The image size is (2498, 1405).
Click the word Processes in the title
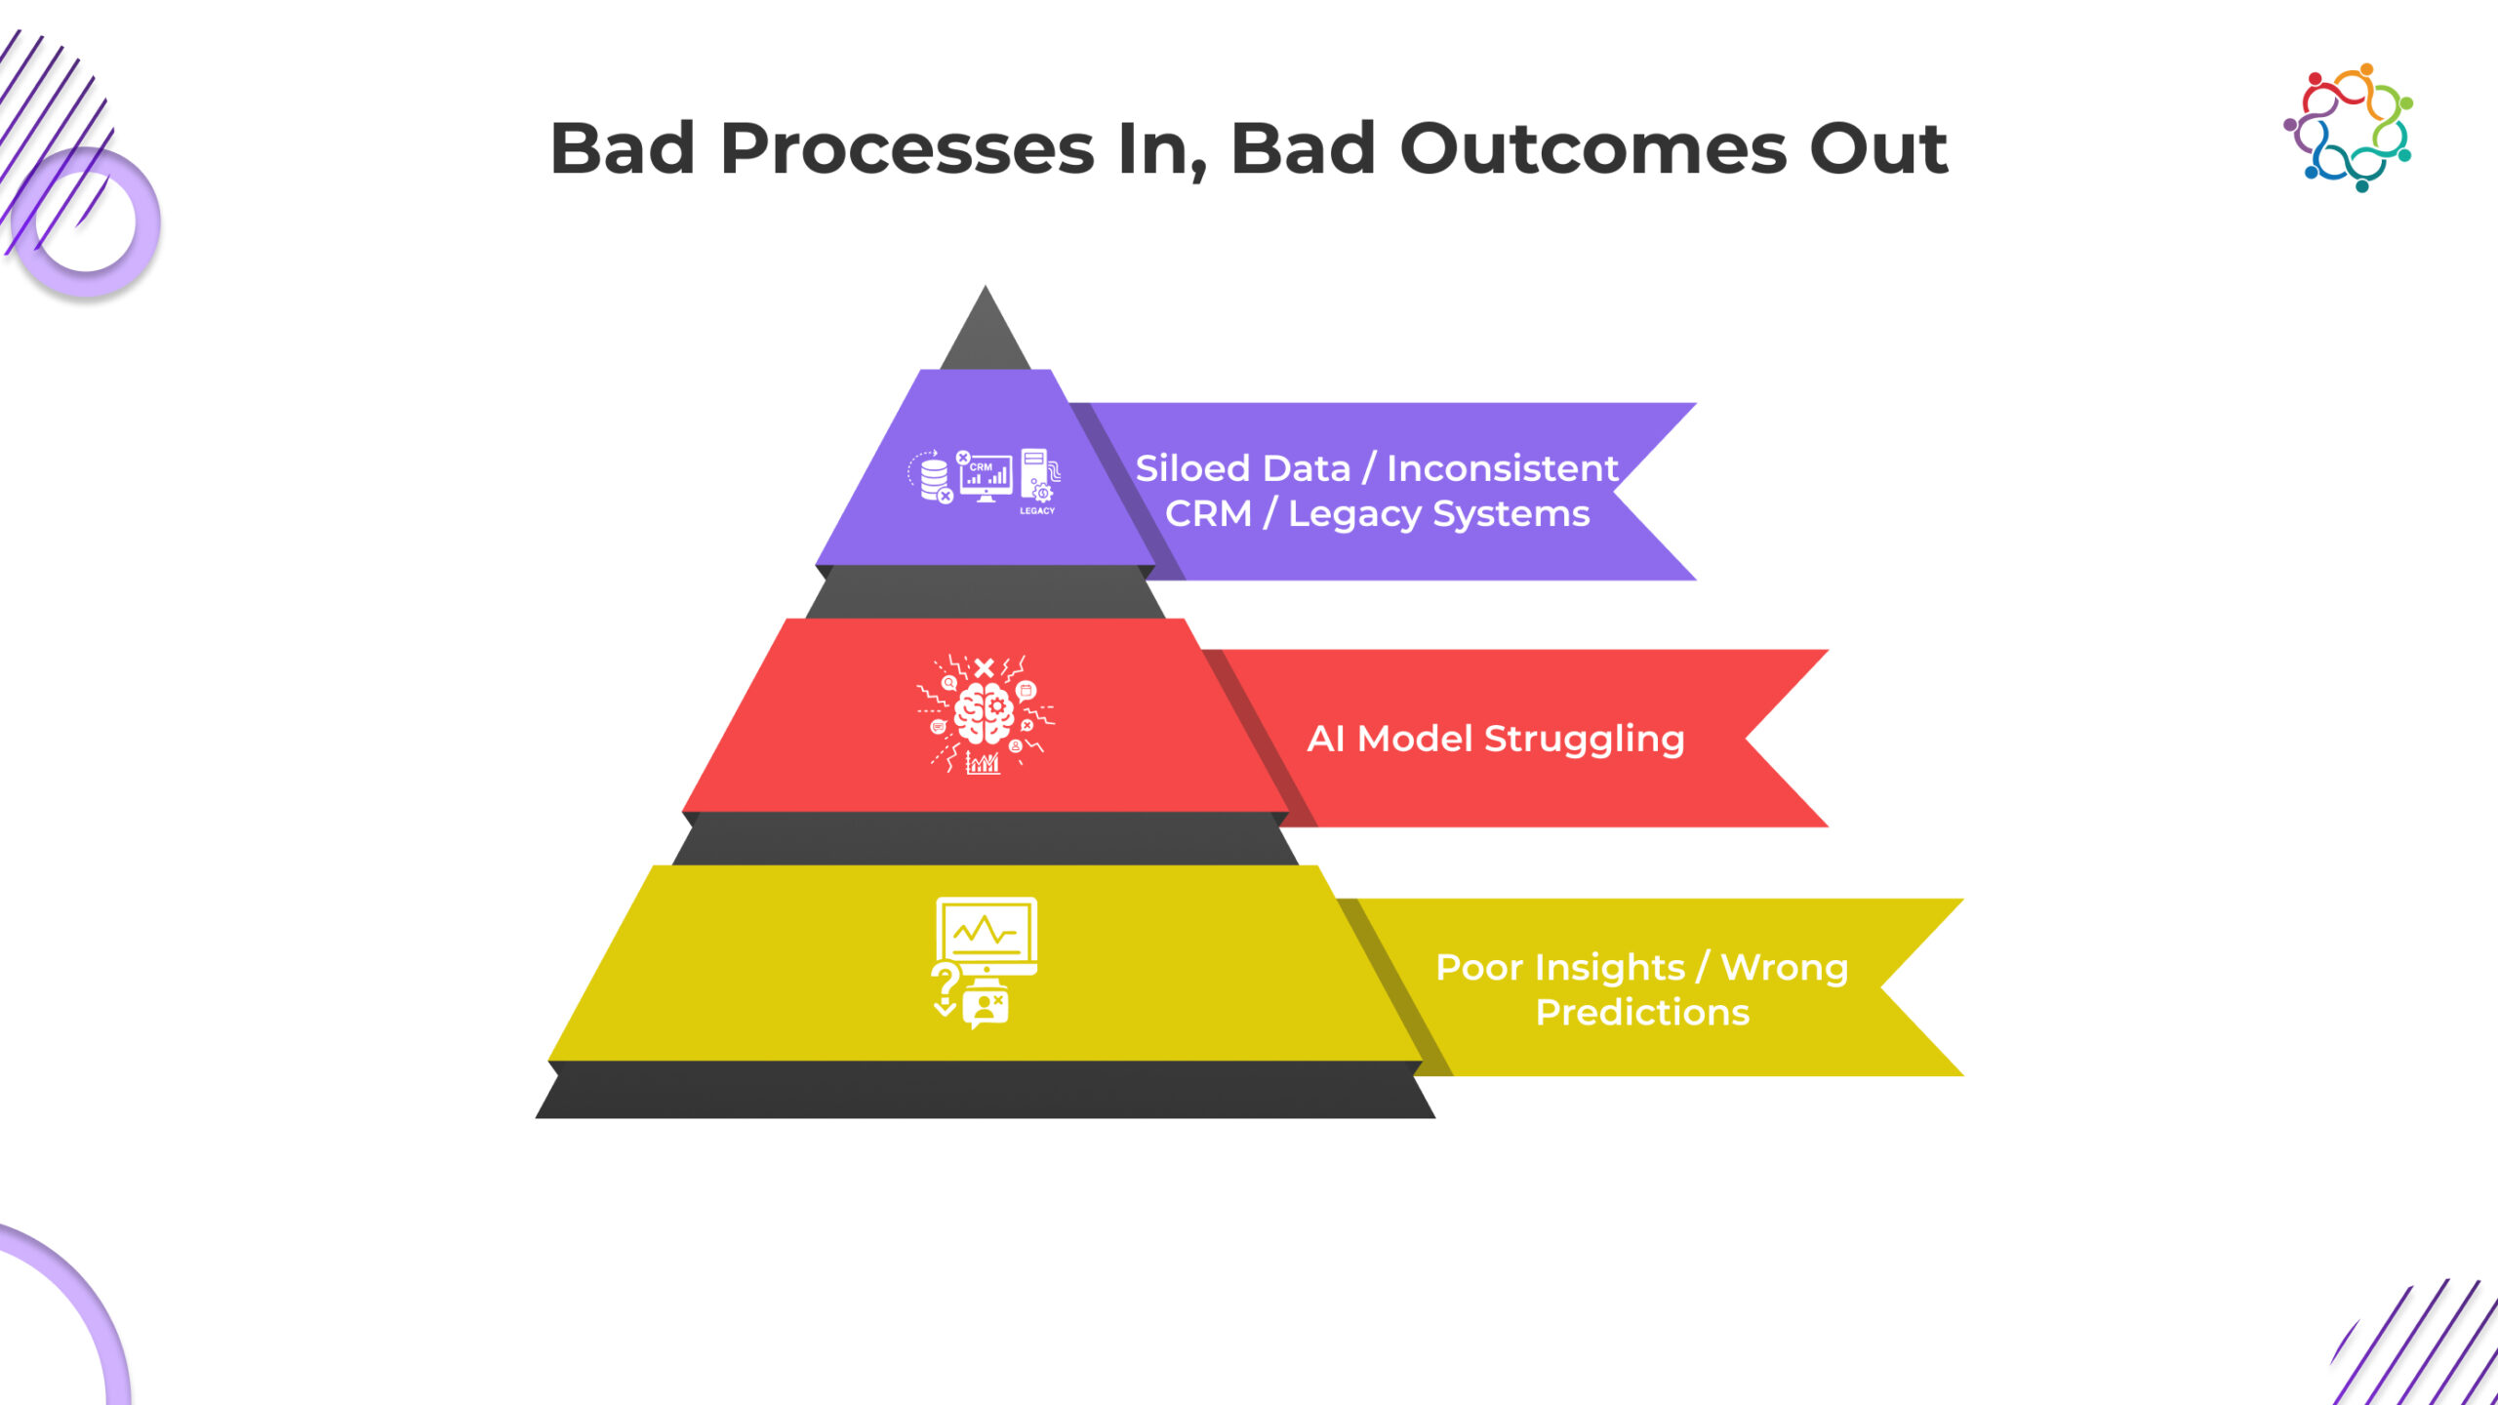[907, 149]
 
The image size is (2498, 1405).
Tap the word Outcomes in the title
[1592, 149]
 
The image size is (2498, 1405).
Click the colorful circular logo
[2348, 128]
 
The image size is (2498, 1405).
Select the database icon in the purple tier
[933, 477]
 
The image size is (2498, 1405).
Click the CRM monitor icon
[986, 476]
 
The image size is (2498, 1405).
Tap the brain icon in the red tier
[984, 713]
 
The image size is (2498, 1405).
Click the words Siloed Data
[1242, 468]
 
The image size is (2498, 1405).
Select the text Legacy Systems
[1438, 513]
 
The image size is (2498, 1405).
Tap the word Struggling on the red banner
[1584, 739]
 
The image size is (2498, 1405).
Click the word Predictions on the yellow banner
[1642, 1012]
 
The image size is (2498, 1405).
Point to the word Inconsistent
[1502, 468]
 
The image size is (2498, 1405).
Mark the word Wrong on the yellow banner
[1784, 967]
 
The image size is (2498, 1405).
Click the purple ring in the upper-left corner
[86, 222]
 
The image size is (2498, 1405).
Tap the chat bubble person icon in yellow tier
[987, 1006]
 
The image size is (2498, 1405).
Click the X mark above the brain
[984, 668]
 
